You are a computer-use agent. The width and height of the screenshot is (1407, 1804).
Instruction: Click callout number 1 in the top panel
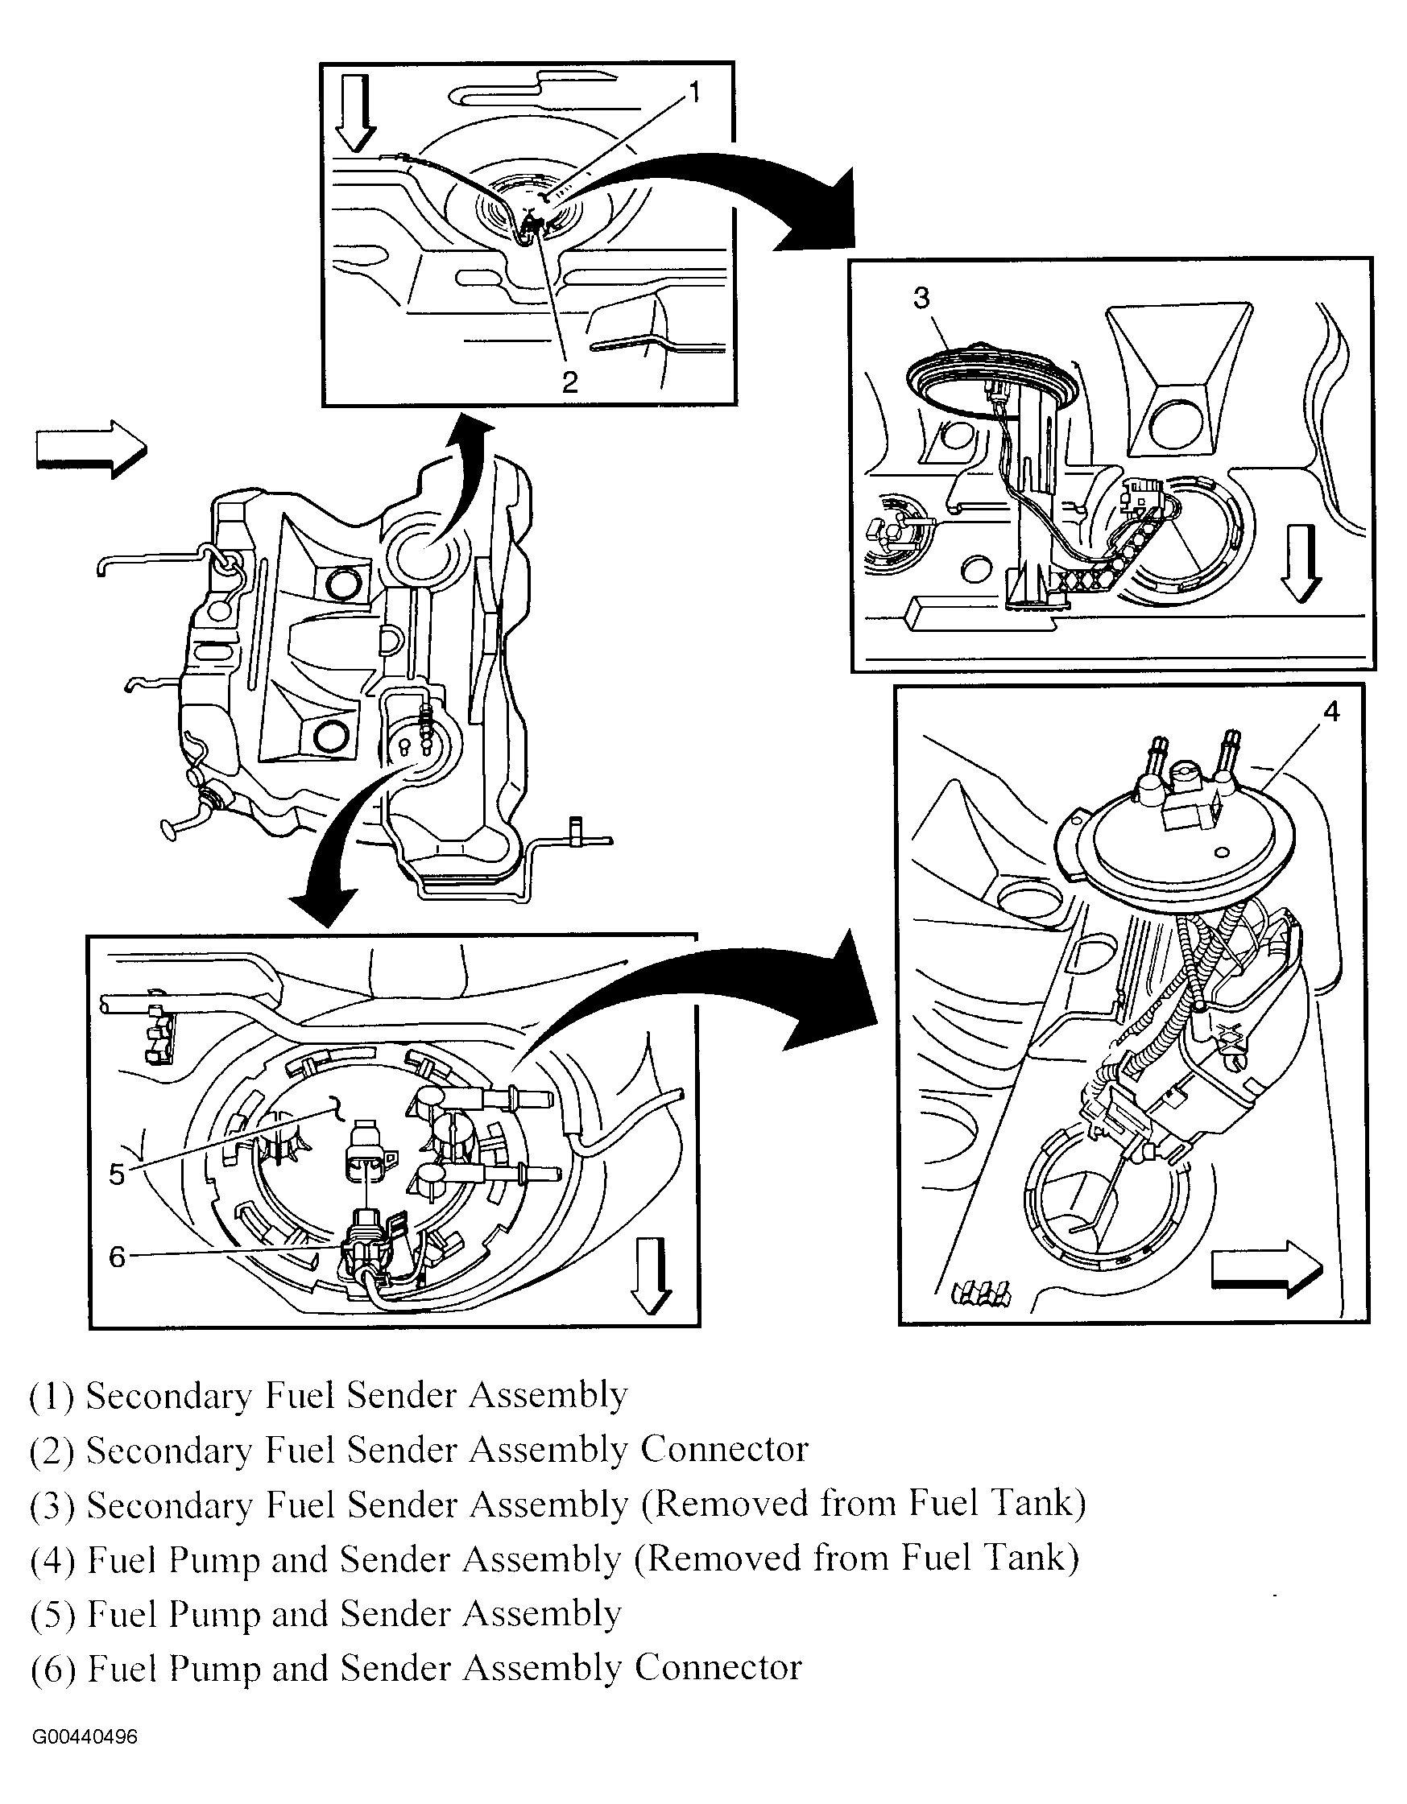(x=694, y=93)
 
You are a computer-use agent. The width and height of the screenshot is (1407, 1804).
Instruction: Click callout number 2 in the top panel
(x=569, y=382)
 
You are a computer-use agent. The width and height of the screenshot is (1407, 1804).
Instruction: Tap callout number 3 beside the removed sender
(x=922, y=297)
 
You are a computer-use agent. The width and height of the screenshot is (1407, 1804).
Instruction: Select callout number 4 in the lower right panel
(x=1330, y=711)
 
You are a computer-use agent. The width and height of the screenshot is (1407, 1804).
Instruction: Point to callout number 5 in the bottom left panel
(x=117, y=1173)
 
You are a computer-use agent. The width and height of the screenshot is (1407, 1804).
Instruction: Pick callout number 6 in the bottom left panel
(x=117, y=1257)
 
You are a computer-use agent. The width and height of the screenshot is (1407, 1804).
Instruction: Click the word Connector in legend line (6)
(x=718, y=1668)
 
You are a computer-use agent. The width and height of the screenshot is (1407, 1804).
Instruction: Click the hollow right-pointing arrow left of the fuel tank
(x=92, y=449)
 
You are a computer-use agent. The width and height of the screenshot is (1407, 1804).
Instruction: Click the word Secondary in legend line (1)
(x=168, y=1396)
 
